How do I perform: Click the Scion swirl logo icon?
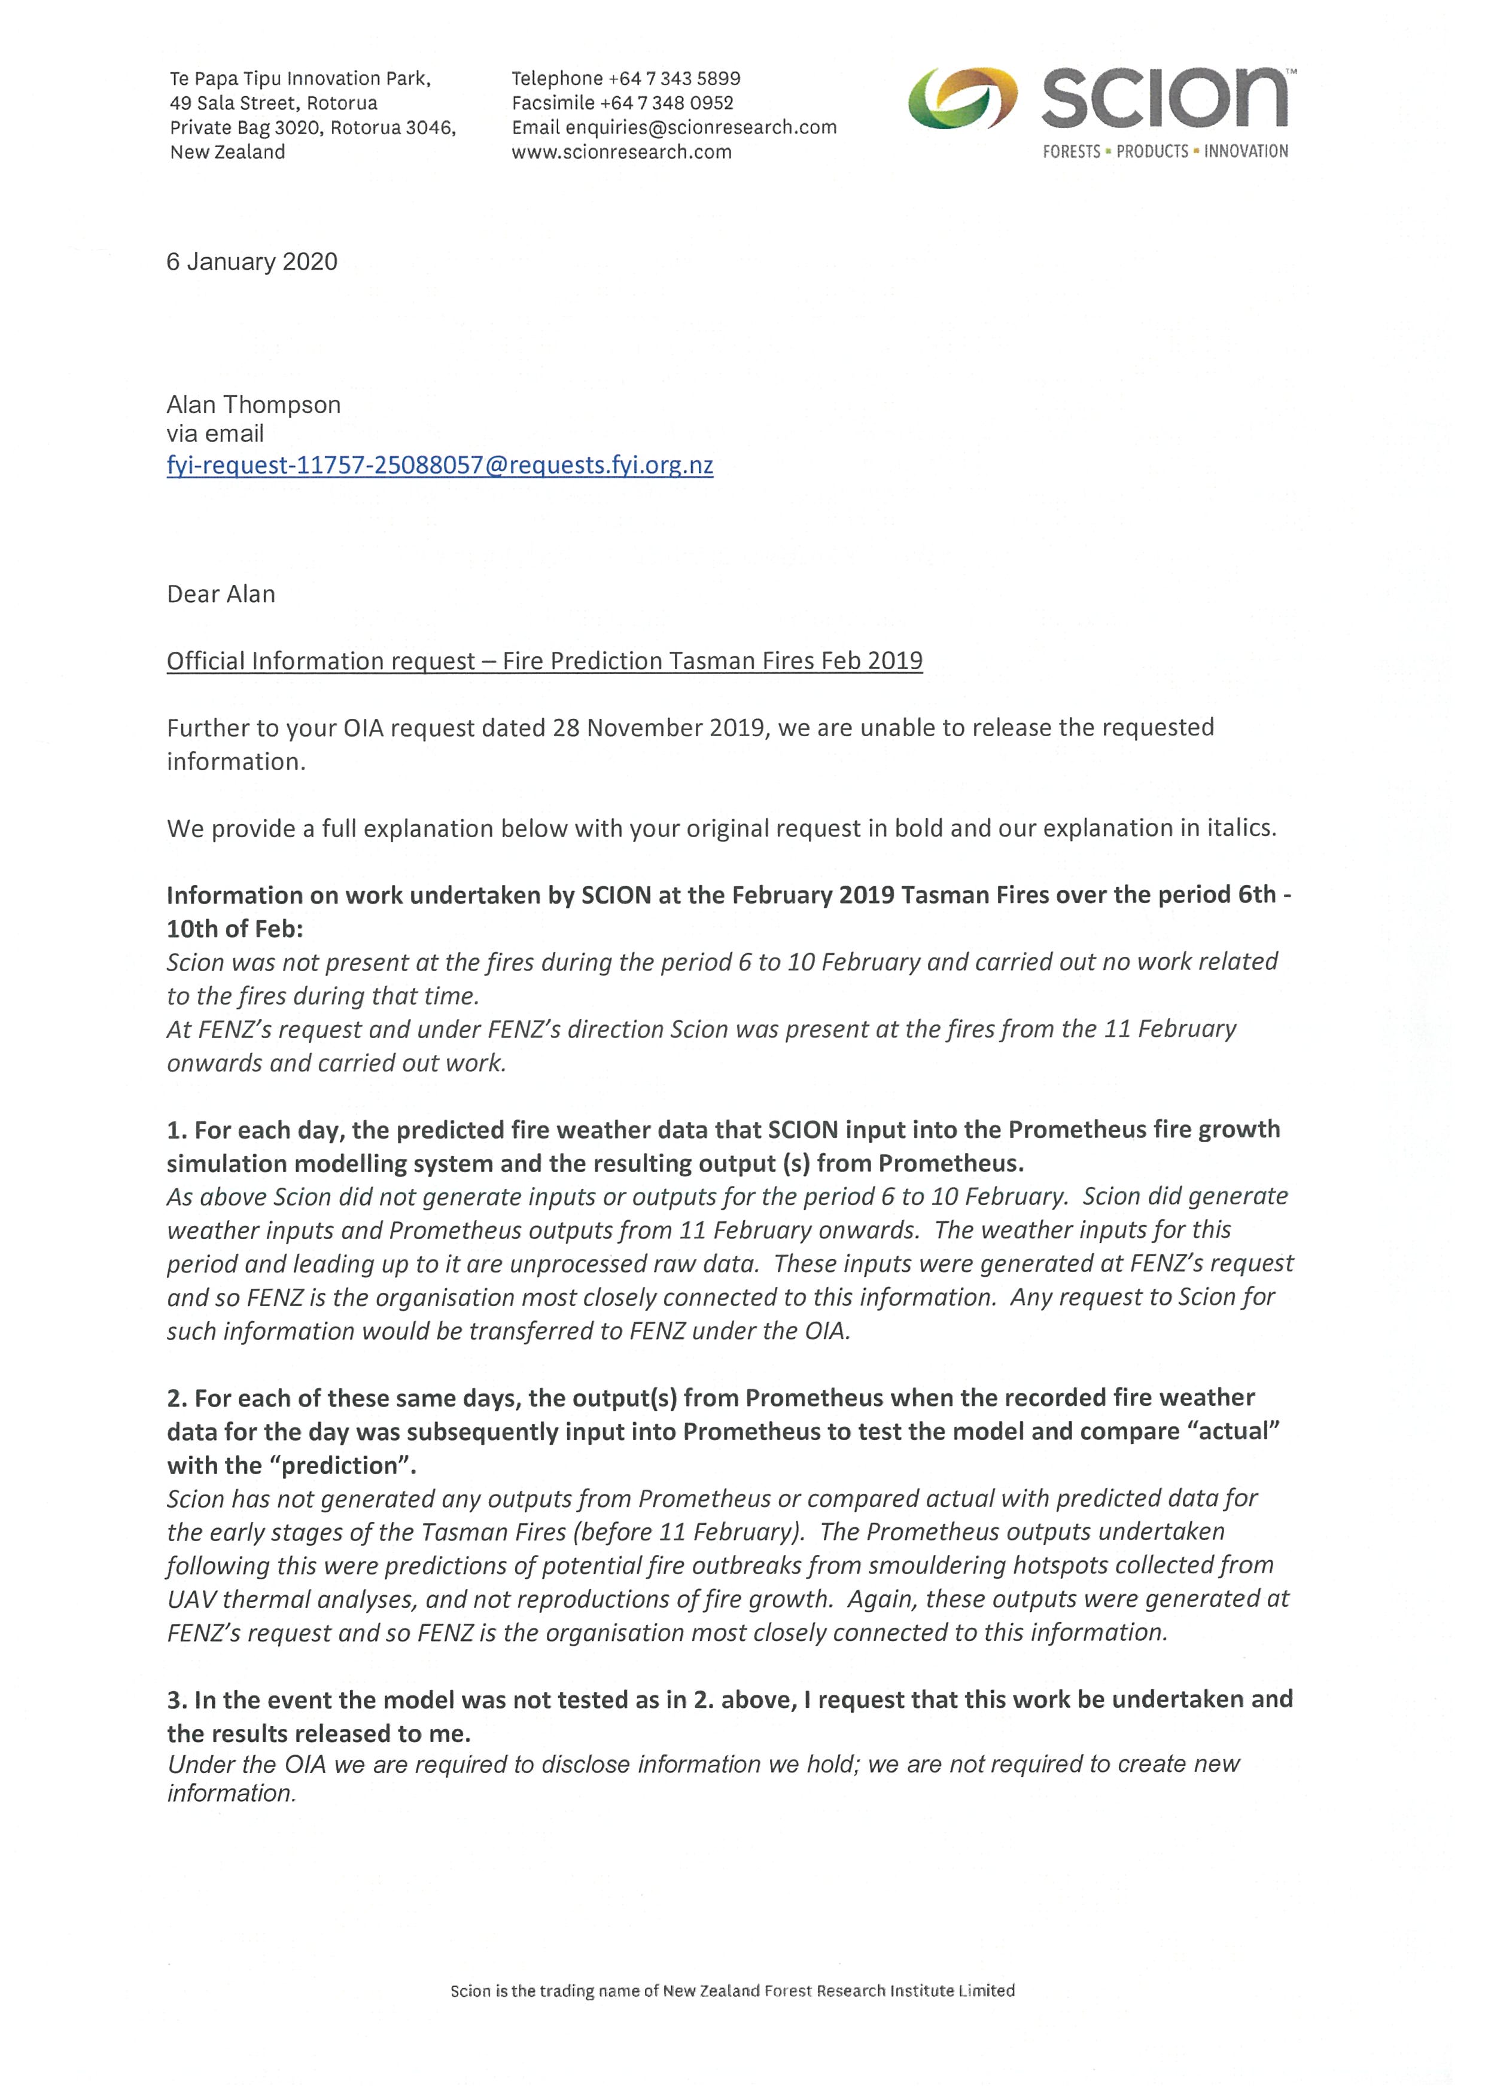coord(962,98)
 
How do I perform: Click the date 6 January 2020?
coord(251,263)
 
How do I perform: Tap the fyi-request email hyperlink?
coord(439,465)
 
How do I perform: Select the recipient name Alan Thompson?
coord(253,405)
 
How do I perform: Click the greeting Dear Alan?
coord(220,594)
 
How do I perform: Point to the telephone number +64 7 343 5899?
coord(674,78)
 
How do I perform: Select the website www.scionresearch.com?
coord(621,152)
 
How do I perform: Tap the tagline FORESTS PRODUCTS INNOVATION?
coord(1165,152)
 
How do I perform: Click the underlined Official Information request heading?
coord(544,661)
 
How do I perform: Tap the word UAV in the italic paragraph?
coord(191,1599)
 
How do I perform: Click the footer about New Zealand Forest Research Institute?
coord(732,1990)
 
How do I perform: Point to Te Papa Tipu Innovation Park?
coord(300,78)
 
